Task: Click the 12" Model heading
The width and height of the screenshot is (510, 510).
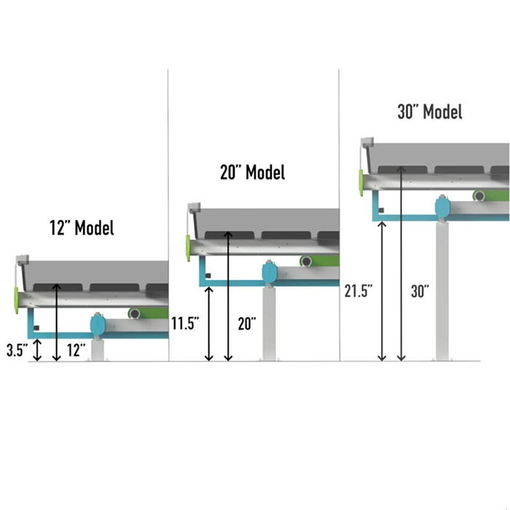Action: pyautogui.click(x=82, y=227)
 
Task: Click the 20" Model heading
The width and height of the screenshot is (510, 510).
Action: pyautogui.click(x=252, y=173)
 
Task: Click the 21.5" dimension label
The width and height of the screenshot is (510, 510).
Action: pyautogui.click(x=358, y=290)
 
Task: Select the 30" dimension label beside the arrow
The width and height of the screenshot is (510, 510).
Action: pyautogui.click(x=420, y=291)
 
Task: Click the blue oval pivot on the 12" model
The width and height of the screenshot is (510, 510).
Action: pyautogui.click(x=98, y=324)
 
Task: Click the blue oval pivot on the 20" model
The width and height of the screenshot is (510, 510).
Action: pyautogui.click(x=270, y=275)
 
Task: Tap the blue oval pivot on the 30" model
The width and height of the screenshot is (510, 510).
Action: pyautogui.click(x=442, y=208)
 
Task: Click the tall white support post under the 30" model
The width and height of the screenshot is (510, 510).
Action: pyautogui.click(x=442, y=291)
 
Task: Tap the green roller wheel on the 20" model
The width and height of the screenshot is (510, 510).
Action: pyautogui.click(x=307, y=262)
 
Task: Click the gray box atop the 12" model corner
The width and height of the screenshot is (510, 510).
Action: pyautogui.click(x=21, y=260)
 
